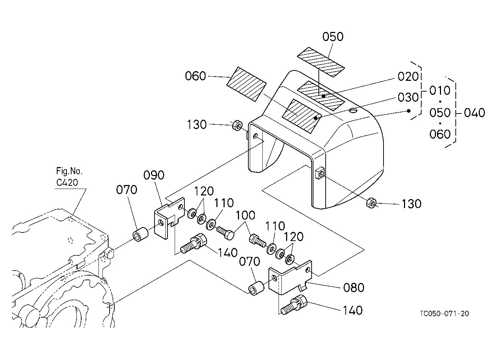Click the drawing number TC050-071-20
444,314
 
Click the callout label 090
154,175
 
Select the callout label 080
354,287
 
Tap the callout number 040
474,113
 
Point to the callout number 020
408,77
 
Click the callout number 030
408,97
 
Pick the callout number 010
440,90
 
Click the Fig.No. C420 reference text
69,177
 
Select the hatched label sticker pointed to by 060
247,84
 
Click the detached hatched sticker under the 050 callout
321,62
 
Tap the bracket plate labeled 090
169,218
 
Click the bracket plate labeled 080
290,277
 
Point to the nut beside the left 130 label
237,125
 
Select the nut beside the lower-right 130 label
371,203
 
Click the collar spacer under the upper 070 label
141,234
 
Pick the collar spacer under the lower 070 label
256,288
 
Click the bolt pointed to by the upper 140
194,243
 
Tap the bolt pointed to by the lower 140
294,304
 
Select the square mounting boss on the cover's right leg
319,173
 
